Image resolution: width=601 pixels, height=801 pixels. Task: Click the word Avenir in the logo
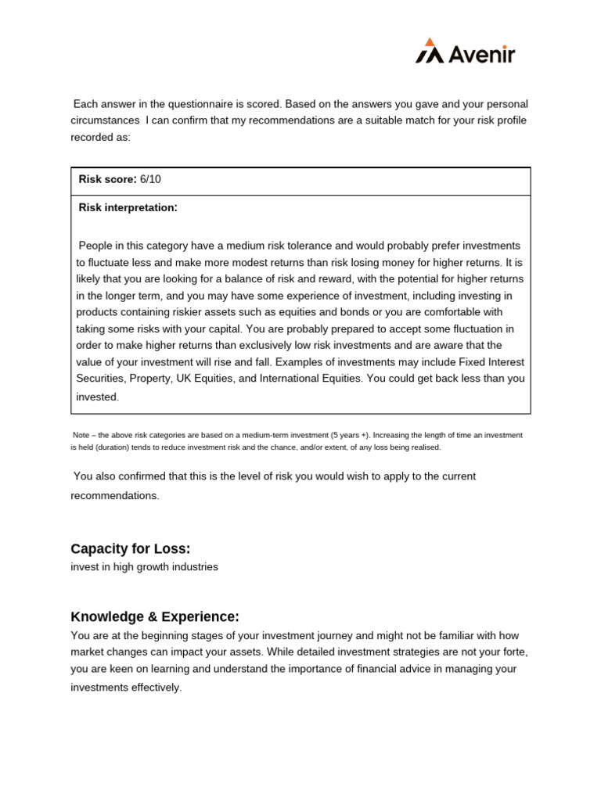click(480, 54)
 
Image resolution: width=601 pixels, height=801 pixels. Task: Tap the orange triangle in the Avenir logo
click(429, 41)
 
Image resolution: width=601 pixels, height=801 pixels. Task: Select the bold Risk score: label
click(107, 179)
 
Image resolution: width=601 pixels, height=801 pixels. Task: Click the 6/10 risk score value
click(150, 179)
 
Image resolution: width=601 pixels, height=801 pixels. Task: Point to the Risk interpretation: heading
click(128, 207)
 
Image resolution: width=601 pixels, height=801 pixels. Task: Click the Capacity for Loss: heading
click(131, 548)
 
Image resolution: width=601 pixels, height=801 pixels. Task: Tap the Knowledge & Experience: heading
click(155, 616)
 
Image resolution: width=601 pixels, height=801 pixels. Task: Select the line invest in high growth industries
click(144, 567)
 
